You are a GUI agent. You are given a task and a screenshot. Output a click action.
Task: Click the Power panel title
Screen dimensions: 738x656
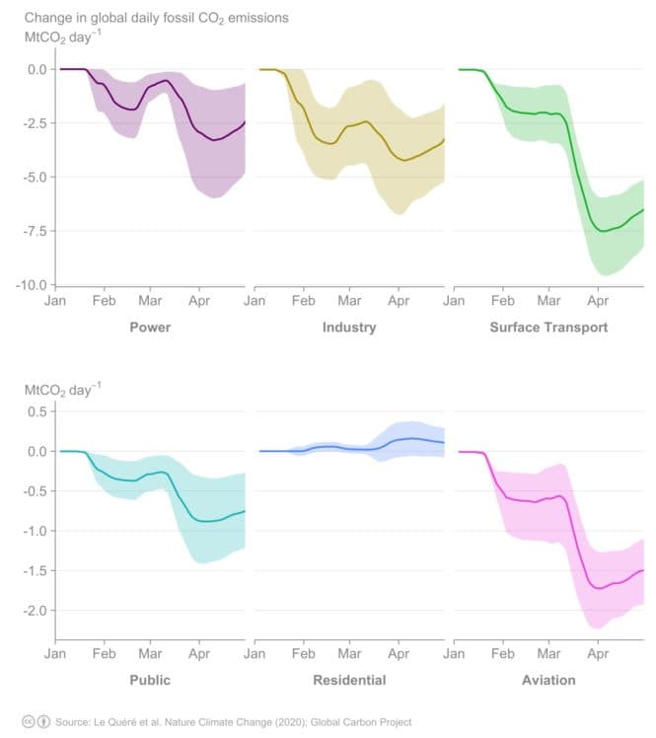click(150, 327)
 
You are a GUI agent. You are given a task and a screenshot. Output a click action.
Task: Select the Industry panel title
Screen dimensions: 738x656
click(349, 327)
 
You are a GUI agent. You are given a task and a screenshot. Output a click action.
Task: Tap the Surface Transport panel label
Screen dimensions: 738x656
click(548, 327)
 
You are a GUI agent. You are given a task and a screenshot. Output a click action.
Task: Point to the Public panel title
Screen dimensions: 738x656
click(150, 680)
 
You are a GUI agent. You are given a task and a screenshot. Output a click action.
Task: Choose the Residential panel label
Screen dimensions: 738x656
click(349, 680)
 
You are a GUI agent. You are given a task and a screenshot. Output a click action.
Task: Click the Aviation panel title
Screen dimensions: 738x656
click(548, 680)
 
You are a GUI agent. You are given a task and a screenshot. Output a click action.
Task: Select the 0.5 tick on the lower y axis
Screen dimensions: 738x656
click(37, 411)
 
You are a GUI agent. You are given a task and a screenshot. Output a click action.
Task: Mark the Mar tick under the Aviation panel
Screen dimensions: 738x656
click(547, 653)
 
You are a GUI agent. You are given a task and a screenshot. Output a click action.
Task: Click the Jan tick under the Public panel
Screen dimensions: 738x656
click(55, 653)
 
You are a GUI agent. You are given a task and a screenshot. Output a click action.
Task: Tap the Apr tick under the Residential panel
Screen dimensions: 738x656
click(398, 653)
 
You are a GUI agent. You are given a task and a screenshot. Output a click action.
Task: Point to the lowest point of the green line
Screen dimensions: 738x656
click(602, 231)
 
